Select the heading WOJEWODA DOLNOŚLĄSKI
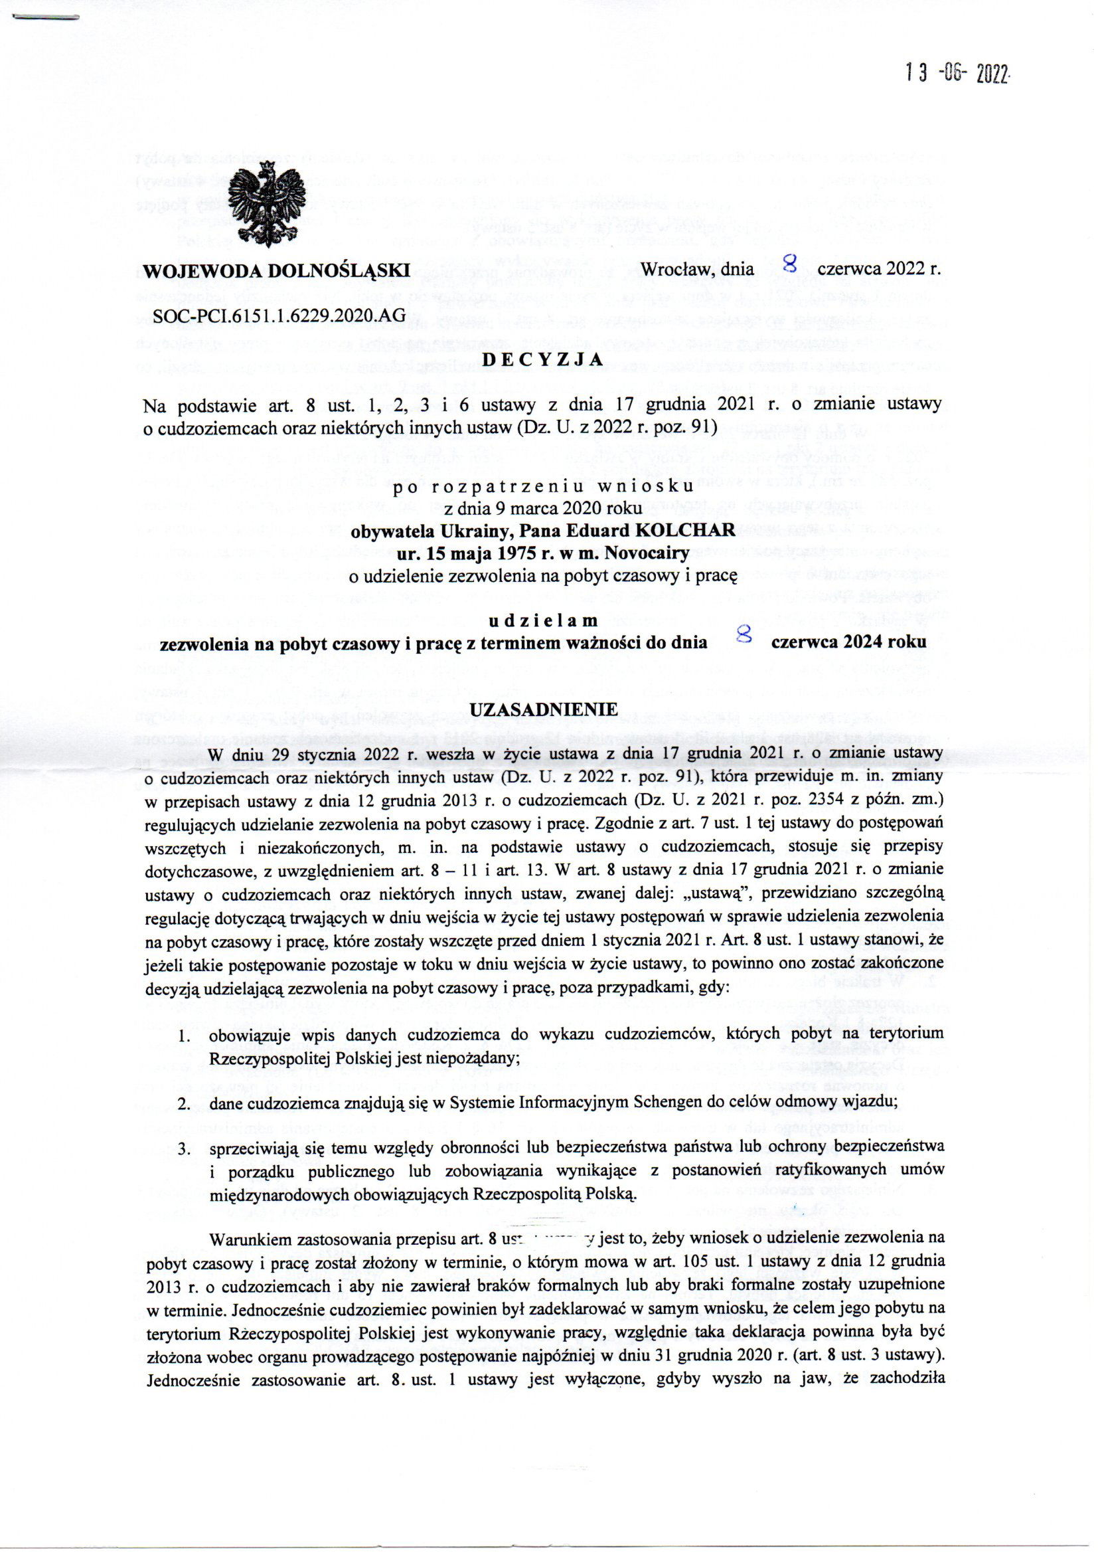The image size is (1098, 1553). [x=277, y=270]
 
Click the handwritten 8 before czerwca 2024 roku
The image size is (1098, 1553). [x=744, y=634]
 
